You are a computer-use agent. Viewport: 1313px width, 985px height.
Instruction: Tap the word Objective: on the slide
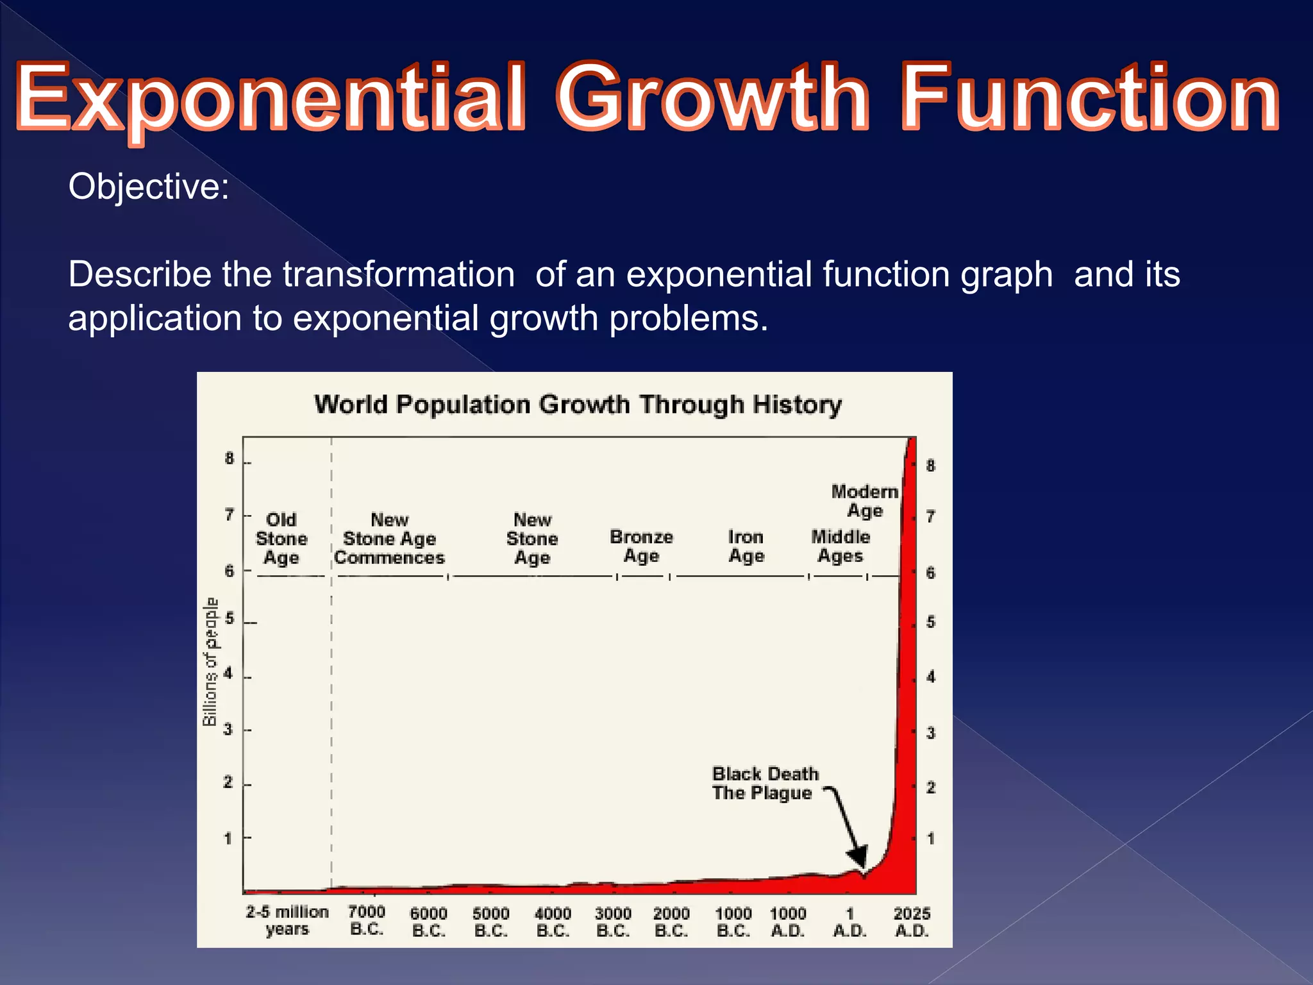click(x=149, y=187)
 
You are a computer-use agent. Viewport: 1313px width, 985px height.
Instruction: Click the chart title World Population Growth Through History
click(x=578, y=405)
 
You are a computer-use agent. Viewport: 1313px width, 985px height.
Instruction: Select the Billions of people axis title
click(x=210, y=661)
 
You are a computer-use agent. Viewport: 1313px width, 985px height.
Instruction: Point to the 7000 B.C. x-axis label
click(x=367, y=920)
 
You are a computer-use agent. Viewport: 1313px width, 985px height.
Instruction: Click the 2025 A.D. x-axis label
click(x=912, y=922)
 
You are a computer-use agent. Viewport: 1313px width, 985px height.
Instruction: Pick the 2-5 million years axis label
click(x=287, y=920)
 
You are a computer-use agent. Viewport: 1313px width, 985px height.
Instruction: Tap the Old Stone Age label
click(x=281, y=539)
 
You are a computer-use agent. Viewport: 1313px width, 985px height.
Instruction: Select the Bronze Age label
click(x=641, y=546)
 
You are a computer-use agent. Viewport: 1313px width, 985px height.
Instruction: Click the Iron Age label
click(x=746, y=546)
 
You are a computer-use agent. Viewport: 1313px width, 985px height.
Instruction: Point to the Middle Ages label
click(x=840, y=546)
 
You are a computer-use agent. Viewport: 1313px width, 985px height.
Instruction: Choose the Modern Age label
click(x=865, y=501)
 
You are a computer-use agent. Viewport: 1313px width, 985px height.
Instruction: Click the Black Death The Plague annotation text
click(x=765, y=783)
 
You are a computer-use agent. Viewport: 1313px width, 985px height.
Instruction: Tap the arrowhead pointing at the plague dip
click(x=858, y=856)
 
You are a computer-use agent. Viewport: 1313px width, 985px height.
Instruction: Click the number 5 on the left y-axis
click(x=230, y=619)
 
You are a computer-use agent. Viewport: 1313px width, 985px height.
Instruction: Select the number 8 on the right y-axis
click(x=930, y=466)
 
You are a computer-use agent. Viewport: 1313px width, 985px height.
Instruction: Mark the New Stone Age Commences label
click(x=389, y=539)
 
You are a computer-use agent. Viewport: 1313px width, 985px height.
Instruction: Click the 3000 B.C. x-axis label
click(x=613, y=922)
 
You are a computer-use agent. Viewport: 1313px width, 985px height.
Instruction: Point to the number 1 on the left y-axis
click(x=228, y=838)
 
